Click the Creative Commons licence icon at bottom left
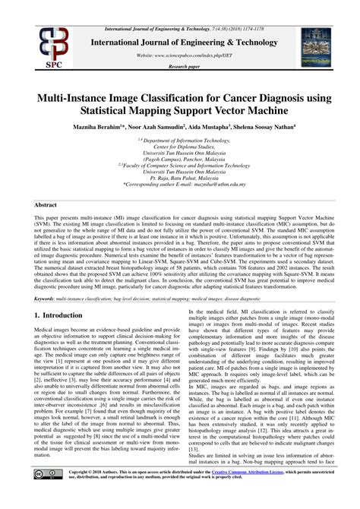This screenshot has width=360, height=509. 45,496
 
